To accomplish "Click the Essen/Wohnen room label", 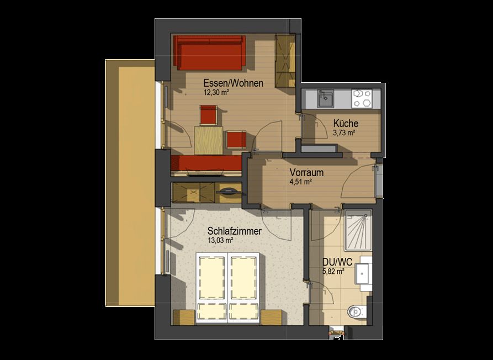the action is tap(234, 83).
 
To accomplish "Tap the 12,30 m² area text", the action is tap(216, 92).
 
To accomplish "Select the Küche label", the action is tap(346, 123).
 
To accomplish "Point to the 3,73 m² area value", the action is tap(344, 133).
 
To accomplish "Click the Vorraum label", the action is tap(306, 173).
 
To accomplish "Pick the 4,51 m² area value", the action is tap(301, 182).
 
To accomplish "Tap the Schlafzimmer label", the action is tap(235, 231).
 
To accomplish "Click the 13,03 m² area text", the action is tap(220, 241).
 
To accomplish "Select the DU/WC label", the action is tap(337, 262).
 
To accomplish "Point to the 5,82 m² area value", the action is tap(333, 271).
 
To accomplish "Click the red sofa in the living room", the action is tap(209, 53).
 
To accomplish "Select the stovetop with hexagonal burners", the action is tap(362, 99).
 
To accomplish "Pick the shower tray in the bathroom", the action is tap(358, 230).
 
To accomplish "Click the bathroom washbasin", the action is tap(364, 273).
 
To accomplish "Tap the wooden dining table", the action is tap(209, 140).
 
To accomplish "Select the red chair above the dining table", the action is tap(208, 115).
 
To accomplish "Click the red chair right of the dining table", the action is tap(236, 140).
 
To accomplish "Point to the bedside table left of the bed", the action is tap(184, 317).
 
